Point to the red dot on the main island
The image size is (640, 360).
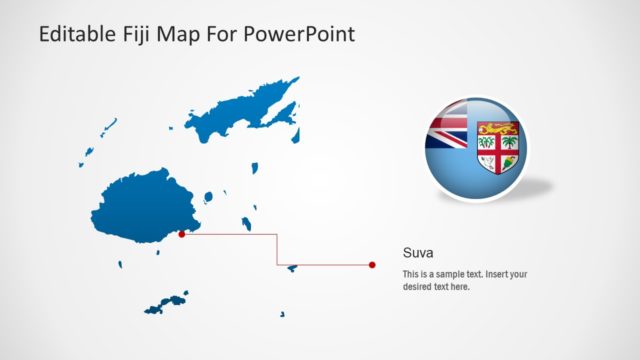(181, 235)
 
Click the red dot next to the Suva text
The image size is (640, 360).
(372, 265)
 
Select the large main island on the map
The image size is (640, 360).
(140, 205)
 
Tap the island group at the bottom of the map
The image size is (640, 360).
(166, 302)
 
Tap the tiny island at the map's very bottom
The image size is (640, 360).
(282, 316)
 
